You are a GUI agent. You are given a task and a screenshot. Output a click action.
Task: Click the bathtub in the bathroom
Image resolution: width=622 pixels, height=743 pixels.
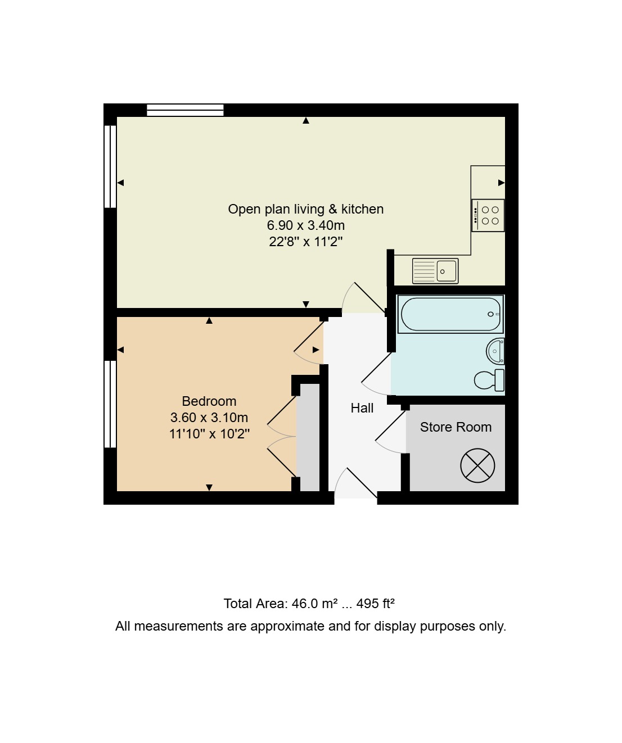pos(450,314)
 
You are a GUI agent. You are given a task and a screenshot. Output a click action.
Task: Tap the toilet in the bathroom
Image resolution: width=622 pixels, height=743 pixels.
pos(489,380)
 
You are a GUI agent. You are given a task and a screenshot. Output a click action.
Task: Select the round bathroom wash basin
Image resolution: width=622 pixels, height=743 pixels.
pos(495,351)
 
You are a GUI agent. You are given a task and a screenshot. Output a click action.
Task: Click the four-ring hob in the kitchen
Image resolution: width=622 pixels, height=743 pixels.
pos(488,216)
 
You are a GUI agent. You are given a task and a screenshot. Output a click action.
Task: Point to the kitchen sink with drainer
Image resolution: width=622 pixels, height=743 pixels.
pos(435,271)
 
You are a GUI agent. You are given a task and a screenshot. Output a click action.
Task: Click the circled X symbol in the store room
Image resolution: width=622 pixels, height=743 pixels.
pos(477,465)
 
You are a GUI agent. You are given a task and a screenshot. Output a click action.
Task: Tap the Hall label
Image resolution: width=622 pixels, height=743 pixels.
pos(362,408)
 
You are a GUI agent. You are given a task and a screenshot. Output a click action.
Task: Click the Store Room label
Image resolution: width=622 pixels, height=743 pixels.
pos(456,427)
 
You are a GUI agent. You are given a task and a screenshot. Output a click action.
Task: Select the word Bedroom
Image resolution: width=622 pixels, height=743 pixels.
pos(209,401)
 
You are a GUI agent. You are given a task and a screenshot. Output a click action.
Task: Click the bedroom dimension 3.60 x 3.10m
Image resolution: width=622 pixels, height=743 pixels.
pos(209,418)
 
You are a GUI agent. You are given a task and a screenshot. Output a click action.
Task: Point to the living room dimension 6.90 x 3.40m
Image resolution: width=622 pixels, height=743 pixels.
pos(306,225)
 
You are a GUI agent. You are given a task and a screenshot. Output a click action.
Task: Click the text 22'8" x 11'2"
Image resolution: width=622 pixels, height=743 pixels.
pos(306,242)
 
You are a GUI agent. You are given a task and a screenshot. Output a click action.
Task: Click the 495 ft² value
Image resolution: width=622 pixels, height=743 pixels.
pos(375,604)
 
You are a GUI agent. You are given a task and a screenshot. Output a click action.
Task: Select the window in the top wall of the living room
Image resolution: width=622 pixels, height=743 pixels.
pos(185,110)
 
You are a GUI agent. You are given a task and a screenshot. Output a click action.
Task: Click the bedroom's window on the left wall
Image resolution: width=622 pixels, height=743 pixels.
pos(110,404)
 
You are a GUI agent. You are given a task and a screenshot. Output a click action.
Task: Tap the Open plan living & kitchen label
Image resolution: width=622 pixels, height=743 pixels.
pos(306,209)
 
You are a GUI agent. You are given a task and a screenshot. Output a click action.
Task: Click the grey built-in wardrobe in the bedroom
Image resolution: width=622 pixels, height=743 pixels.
pos(308,438)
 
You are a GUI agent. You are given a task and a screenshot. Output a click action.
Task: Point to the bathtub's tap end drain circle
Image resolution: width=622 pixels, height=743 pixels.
pos(490,314)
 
